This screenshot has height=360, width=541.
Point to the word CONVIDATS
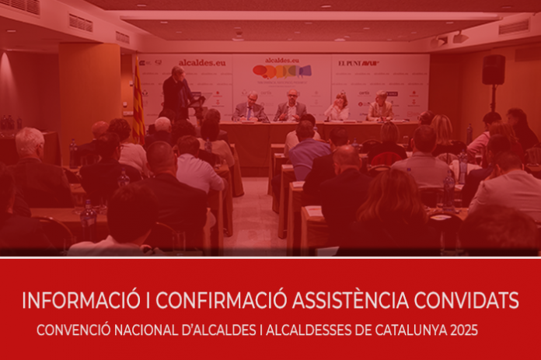471,300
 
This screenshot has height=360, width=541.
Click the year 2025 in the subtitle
463,330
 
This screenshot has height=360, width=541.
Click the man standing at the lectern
176,93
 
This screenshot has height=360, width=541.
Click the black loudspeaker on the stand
493,70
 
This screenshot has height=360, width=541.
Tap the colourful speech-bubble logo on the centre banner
281,72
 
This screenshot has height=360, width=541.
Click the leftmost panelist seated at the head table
251,107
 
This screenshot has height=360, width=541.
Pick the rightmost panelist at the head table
381,107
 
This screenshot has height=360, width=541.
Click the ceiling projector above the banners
239,36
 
